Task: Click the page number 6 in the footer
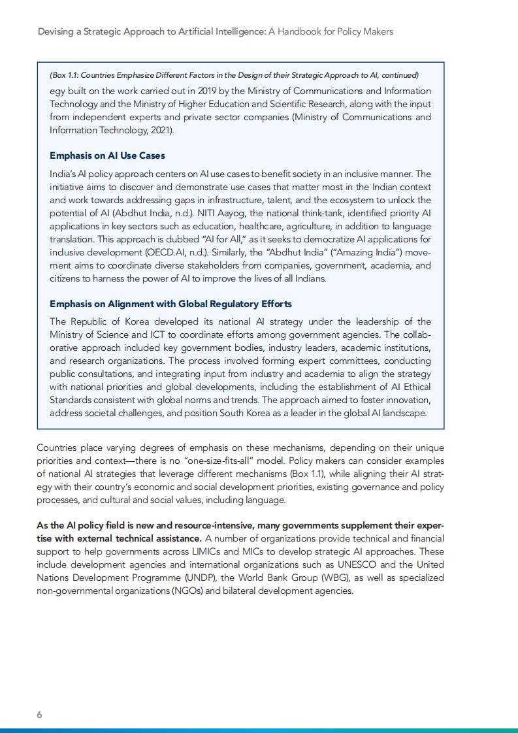pos(39,715)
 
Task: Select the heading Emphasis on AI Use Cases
pos(107,155)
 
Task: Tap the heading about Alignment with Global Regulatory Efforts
pos(170,304)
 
